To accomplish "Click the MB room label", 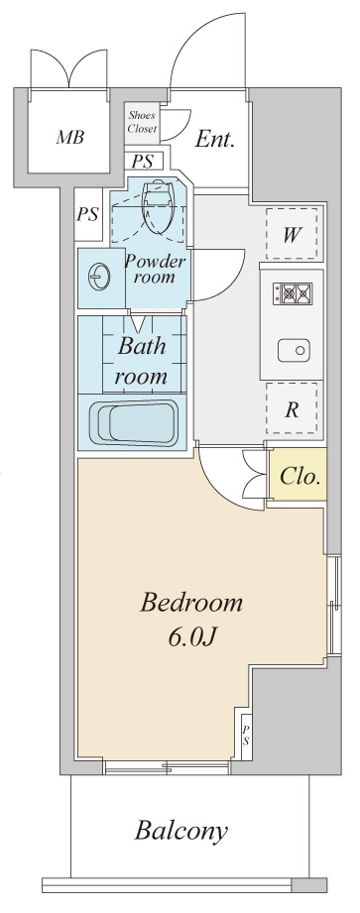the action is (69, 138).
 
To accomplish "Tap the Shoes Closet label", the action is (142, 122).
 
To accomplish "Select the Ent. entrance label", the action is (215, 141).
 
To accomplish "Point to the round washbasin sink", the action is (98, 278).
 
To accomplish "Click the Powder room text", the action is (155, 269).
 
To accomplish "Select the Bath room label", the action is (142, 361).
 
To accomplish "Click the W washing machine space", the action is (292, 234).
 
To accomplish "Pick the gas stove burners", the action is (292, 292).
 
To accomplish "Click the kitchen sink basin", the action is (294, 351).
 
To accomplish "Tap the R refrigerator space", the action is (292, 408).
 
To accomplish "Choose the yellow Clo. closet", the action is (298, 474).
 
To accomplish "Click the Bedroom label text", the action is (191, 602).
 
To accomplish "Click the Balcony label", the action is (181, 831).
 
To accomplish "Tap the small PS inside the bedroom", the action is (246, 736).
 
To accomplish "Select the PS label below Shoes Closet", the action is (142, 161).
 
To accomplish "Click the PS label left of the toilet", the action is (88, 214).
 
